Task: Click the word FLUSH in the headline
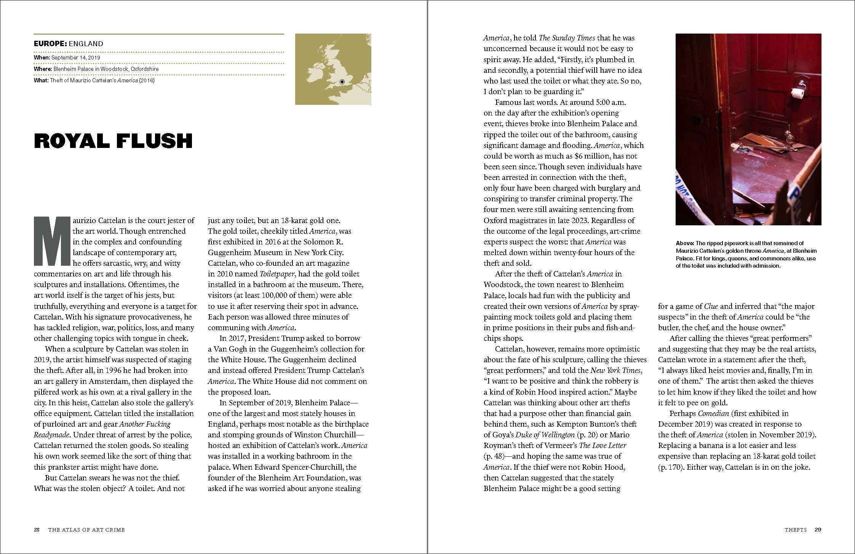click(x=154, y=141)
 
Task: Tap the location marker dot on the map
click(x=342, y=82)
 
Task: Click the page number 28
click(x=37, y=530)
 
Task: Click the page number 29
click(x=818, y=530)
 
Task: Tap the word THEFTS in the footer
click(x=796, y=530)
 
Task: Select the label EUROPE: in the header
click(x=50, y=44)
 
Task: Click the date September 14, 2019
click(x=76, y=58)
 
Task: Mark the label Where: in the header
click(x=43, y=69)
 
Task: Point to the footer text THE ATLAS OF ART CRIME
click(x=86, y=530)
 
